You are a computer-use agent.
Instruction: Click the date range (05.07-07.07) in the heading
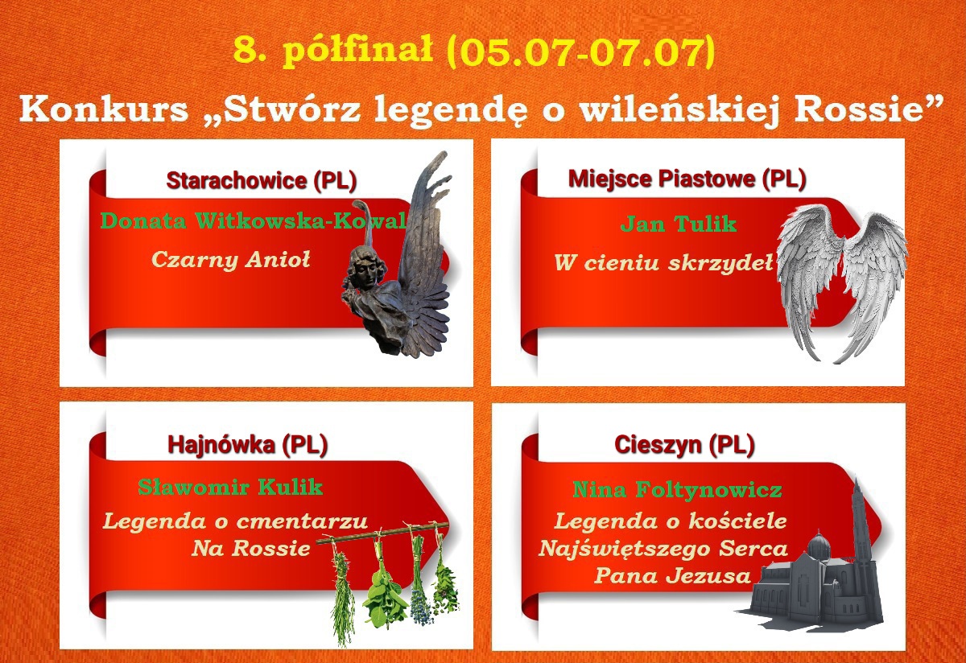580,51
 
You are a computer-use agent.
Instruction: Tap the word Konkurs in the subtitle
104,109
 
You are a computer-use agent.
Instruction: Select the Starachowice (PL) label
262,180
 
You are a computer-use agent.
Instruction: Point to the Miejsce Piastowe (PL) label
687,179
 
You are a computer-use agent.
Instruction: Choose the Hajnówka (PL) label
248,444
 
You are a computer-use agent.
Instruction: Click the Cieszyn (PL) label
685,444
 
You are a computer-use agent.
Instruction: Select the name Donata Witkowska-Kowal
254,220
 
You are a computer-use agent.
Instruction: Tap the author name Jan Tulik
679,224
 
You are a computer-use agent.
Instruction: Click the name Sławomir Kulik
230,487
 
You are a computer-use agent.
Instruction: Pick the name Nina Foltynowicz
678,490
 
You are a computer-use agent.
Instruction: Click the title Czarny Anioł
231,260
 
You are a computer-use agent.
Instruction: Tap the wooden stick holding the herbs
382,533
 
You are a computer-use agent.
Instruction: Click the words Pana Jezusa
673,576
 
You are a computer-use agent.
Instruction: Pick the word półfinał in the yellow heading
359,51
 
